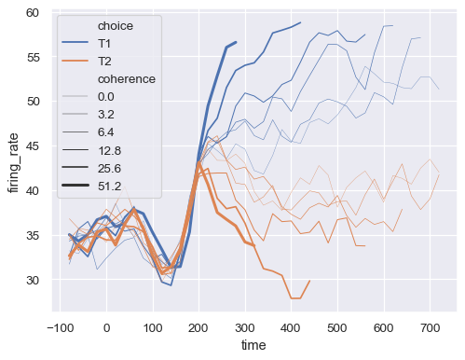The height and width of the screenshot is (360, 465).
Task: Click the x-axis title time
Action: pyautogui.click(x=254, y=347)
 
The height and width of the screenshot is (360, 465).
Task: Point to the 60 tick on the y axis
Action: pyautogui.click(x=33, y=12)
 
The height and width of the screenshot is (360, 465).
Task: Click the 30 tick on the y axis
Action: pyautogui.click(x=33, y=280)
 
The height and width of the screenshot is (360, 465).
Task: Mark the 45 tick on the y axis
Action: pyautogui.click(x=33, y=146)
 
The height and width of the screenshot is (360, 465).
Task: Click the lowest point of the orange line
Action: pyautogui.click(x=295, y=298)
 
